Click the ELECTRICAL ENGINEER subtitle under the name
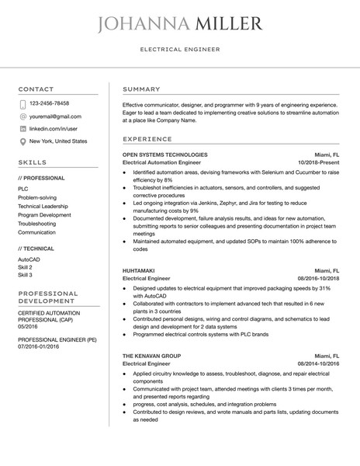click(180, 49)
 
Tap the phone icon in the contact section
click(22, 103)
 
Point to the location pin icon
click(22, 142)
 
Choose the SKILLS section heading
click(33, 162)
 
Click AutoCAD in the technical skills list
click(29, 259)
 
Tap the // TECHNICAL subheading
click(36, 248)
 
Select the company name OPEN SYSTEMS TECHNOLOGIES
click(165, 155)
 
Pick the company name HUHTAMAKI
click(140, 270)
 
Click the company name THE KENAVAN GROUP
click(152, 355)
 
